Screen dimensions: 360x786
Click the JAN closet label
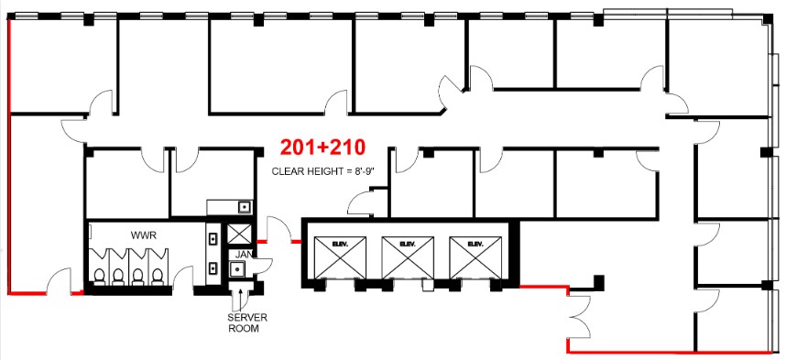(244, 254)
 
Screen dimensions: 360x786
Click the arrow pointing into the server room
(242, 296)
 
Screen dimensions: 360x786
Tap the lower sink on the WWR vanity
(213, 268)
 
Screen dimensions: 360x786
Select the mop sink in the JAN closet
(237, 269)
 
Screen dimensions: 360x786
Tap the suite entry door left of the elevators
(275, 231)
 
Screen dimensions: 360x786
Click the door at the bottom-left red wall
(59, 278)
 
